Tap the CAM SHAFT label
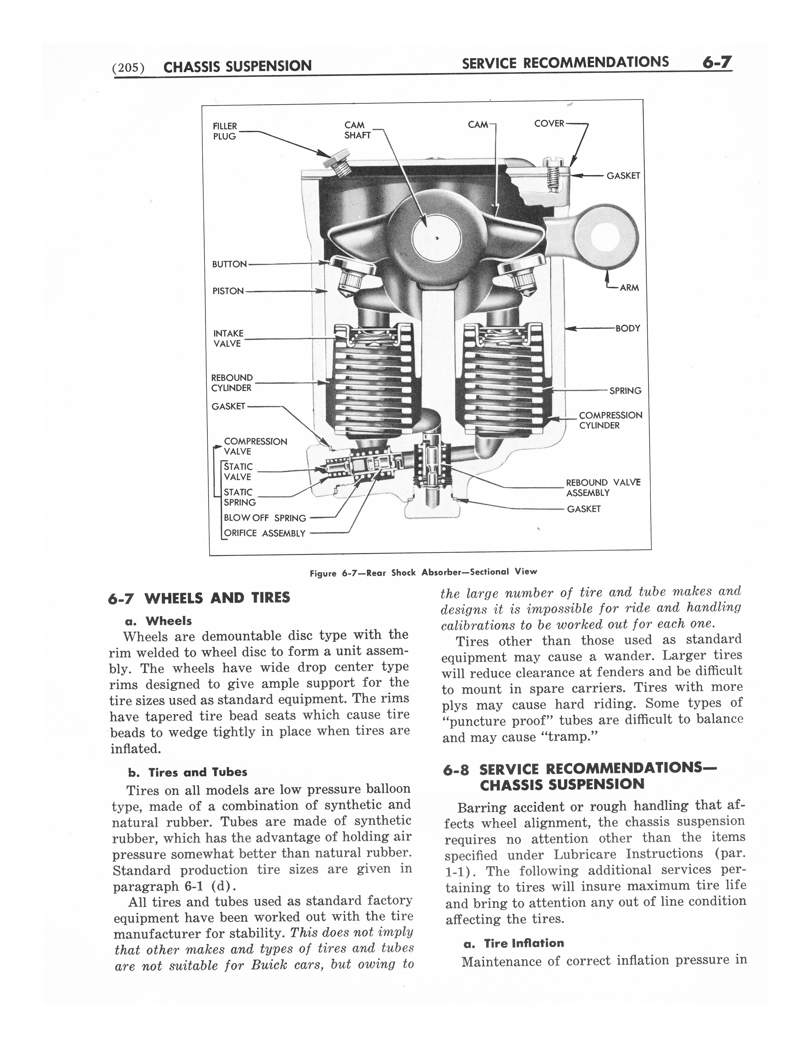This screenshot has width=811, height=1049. tap(357, 130)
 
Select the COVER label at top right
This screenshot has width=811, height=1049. tap(549, 123)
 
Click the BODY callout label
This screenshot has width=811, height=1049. tap(628, 329)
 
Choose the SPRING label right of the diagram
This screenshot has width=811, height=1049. tap(625, 391)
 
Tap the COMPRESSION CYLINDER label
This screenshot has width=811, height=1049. tap(610, 420)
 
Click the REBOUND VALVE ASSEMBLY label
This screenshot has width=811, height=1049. tap(603, 488)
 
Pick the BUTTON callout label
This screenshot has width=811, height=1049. tap(229, 264)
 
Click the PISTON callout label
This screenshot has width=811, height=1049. tap(228, 291)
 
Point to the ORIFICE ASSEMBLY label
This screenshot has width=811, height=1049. tap(264, 533)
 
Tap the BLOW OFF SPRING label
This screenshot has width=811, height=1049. tap(265, 518)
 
